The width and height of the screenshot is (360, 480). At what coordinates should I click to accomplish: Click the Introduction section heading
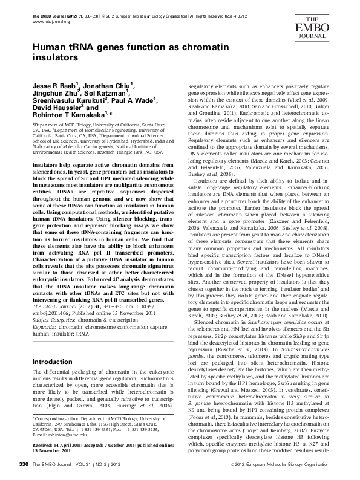point(52,362)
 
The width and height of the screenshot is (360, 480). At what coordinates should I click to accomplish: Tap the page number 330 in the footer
point(24,464)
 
